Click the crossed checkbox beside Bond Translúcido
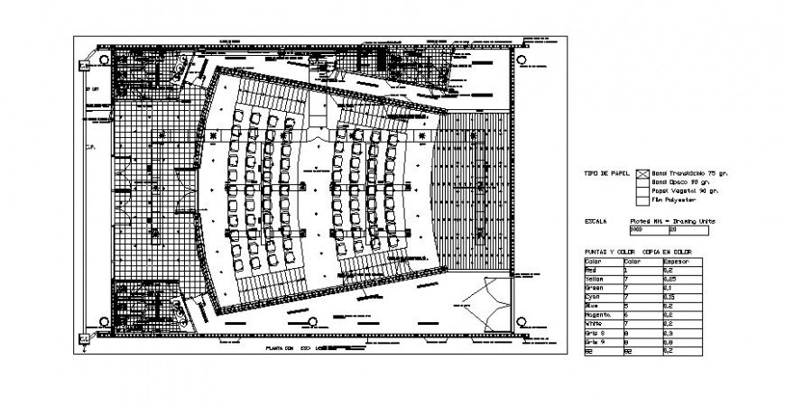(x=642, y=173)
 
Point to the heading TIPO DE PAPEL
(x=605, y=172)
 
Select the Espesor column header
(x=678, y=262)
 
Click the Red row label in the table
(x=592, y=270)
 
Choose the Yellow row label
(x=594, y=279)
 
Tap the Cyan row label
(x=592, y=296)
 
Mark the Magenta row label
(x=596, y=313)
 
